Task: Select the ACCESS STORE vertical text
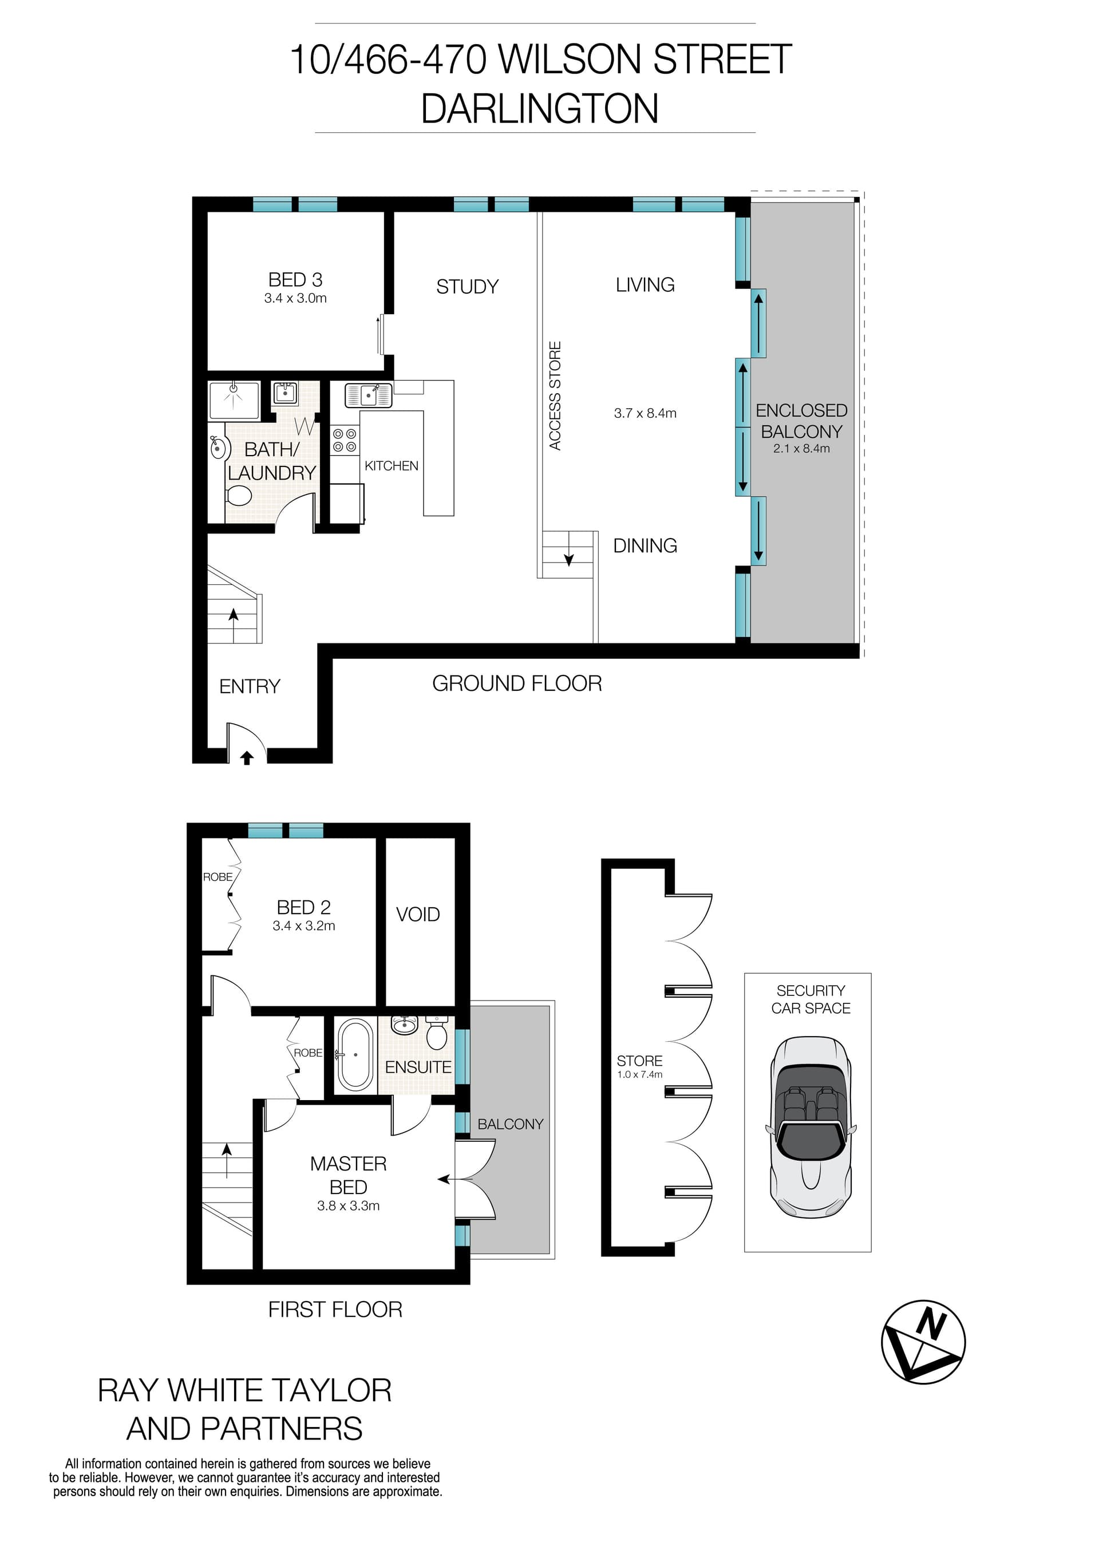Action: pos(555,396)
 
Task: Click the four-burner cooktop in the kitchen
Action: pos(345,440)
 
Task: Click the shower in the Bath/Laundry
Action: pos(234,400)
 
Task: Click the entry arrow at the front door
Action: pos(247,758)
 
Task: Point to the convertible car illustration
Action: pos(810,1128)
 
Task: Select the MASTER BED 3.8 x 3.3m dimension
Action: pos(348,1205)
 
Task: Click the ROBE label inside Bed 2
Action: pos(218,877)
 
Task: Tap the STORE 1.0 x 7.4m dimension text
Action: pos(639,1075)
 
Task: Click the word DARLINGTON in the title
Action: pos(539,108)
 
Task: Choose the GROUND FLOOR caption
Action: pos(517,683)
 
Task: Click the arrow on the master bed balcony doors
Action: pos(444,1179)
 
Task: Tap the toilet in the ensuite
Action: pos(437,1035)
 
